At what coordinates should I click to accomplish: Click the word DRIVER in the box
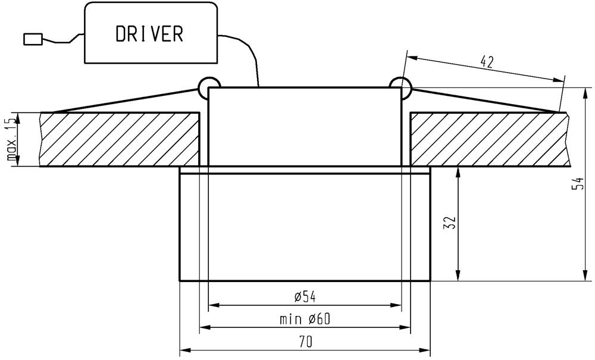pyautogui.click(x=149, y=33)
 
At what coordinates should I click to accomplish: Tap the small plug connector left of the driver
pyautogui.click(x=33, y=39)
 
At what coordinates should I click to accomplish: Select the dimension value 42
pyautogui.click(x=487, y=61)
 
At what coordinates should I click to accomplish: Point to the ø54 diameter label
pyautogui.click(x=305, y=297)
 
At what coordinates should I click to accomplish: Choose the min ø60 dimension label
pyautogui.click(x=305, y=319)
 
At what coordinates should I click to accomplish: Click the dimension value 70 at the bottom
pyautogui.click(x=305, y=342)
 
